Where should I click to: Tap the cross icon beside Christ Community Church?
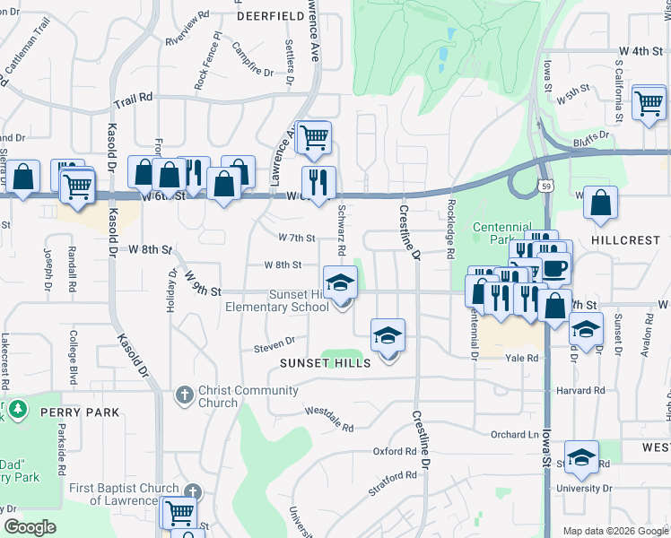point(185,395)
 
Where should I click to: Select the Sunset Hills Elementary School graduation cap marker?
point(340,282)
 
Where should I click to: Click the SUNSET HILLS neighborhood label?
point(325,363)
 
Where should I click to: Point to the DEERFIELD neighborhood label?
point(272,15)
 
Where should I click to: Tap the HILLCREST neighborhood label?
point(625,241)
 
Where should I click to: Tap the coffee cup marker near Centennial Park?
point(554,266)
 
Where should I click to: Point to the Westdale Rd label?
point(329,415)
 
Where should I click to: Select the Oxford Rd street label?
point(396,451)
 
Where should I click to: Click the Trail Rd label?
point(133,96)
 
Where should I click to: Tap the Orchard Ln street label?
point(513,434)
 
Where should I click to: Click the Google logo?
point(30,527)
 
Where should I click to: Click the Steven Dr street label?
point(274,343)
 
